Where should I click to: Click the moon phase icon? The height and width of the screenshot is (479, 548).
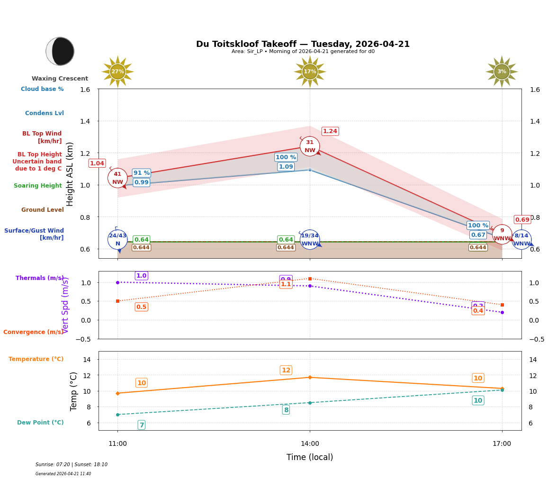(60, 51)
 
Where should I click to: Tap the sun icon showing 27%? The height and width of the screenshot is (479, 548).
(117, 72)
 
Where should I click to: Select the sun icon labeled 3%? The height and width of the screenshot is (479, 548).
(502, 72)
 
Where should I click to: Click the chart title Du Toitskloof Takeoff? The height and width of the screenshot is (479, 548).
(303, 44)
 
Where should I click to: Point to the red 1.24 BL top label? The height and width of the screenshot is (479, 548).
(330, 131)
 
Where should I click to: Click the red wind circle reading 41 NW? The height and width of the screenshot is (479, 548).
(117, 178)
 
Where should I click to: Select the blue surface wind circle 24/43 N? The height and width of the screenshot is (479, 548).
(117, 239)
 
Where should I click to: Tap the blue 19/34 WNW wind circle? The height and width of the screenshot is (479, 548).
(310, 239)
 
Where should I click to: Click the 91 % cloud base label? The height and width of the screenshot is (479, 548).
(142, 173)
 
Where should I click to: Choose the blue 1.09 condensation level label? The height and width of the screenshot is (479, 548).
(286, 167)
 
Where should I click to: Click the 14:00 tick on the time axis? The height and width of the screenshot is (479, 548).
(310, 443)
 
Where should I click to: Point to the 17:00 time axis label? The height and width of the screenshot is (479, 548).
(502, 443)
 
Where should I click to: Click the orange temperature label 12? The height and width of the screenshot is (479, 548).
(286, 370)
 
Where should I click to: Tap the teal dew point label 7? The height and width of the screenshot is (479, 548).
(142, 425)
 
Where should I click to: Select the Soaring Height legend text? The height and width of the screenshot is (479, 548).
(38, 186)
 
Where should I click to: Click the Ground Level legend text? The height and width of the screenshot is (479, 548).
(43, 210)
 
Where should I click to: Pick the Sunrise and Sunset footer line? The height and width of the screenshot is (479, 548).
(72, 464)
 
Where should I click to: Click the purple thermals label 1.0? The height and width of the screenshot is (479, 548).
(142, 276)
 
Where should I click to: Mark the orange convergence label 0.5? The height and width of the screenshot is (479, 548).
(142, 307)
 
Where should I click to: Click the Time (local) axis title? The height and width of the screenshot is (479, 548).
(310, 457)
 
